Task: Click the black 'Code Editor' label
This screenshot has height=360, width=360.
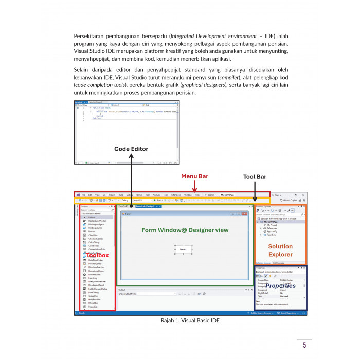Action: (131, 149)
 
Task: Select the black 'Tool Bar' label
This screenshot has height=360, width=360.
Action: (255, 177)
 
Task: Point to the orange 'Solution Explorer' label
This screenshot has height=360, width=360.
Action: (280, 250)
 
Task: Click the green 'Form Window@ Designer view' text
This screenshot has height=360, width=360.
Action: (185, 230)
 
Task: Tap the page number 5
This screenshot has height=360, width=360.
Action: (304, 345)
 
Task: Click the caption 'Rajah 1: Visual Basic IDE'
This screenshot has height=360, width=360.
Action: (190, 320)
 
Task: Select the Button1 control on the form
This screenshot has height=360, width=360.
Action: (183, 249)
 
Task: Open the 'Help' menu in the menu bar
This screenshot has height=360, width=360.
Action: (197, 195)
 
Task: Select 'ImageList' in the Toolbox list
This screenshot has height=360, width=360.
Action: (93, 307)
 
